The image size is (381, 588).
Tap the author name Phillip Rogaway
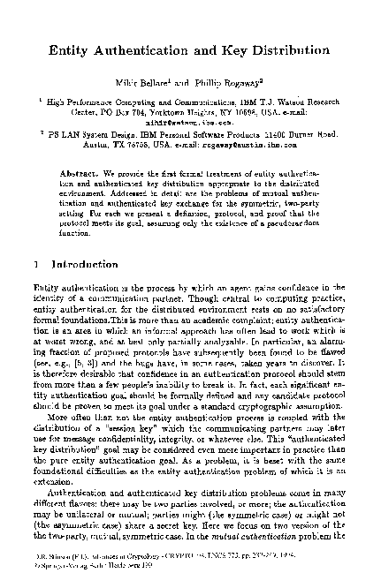coord(237,82)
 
